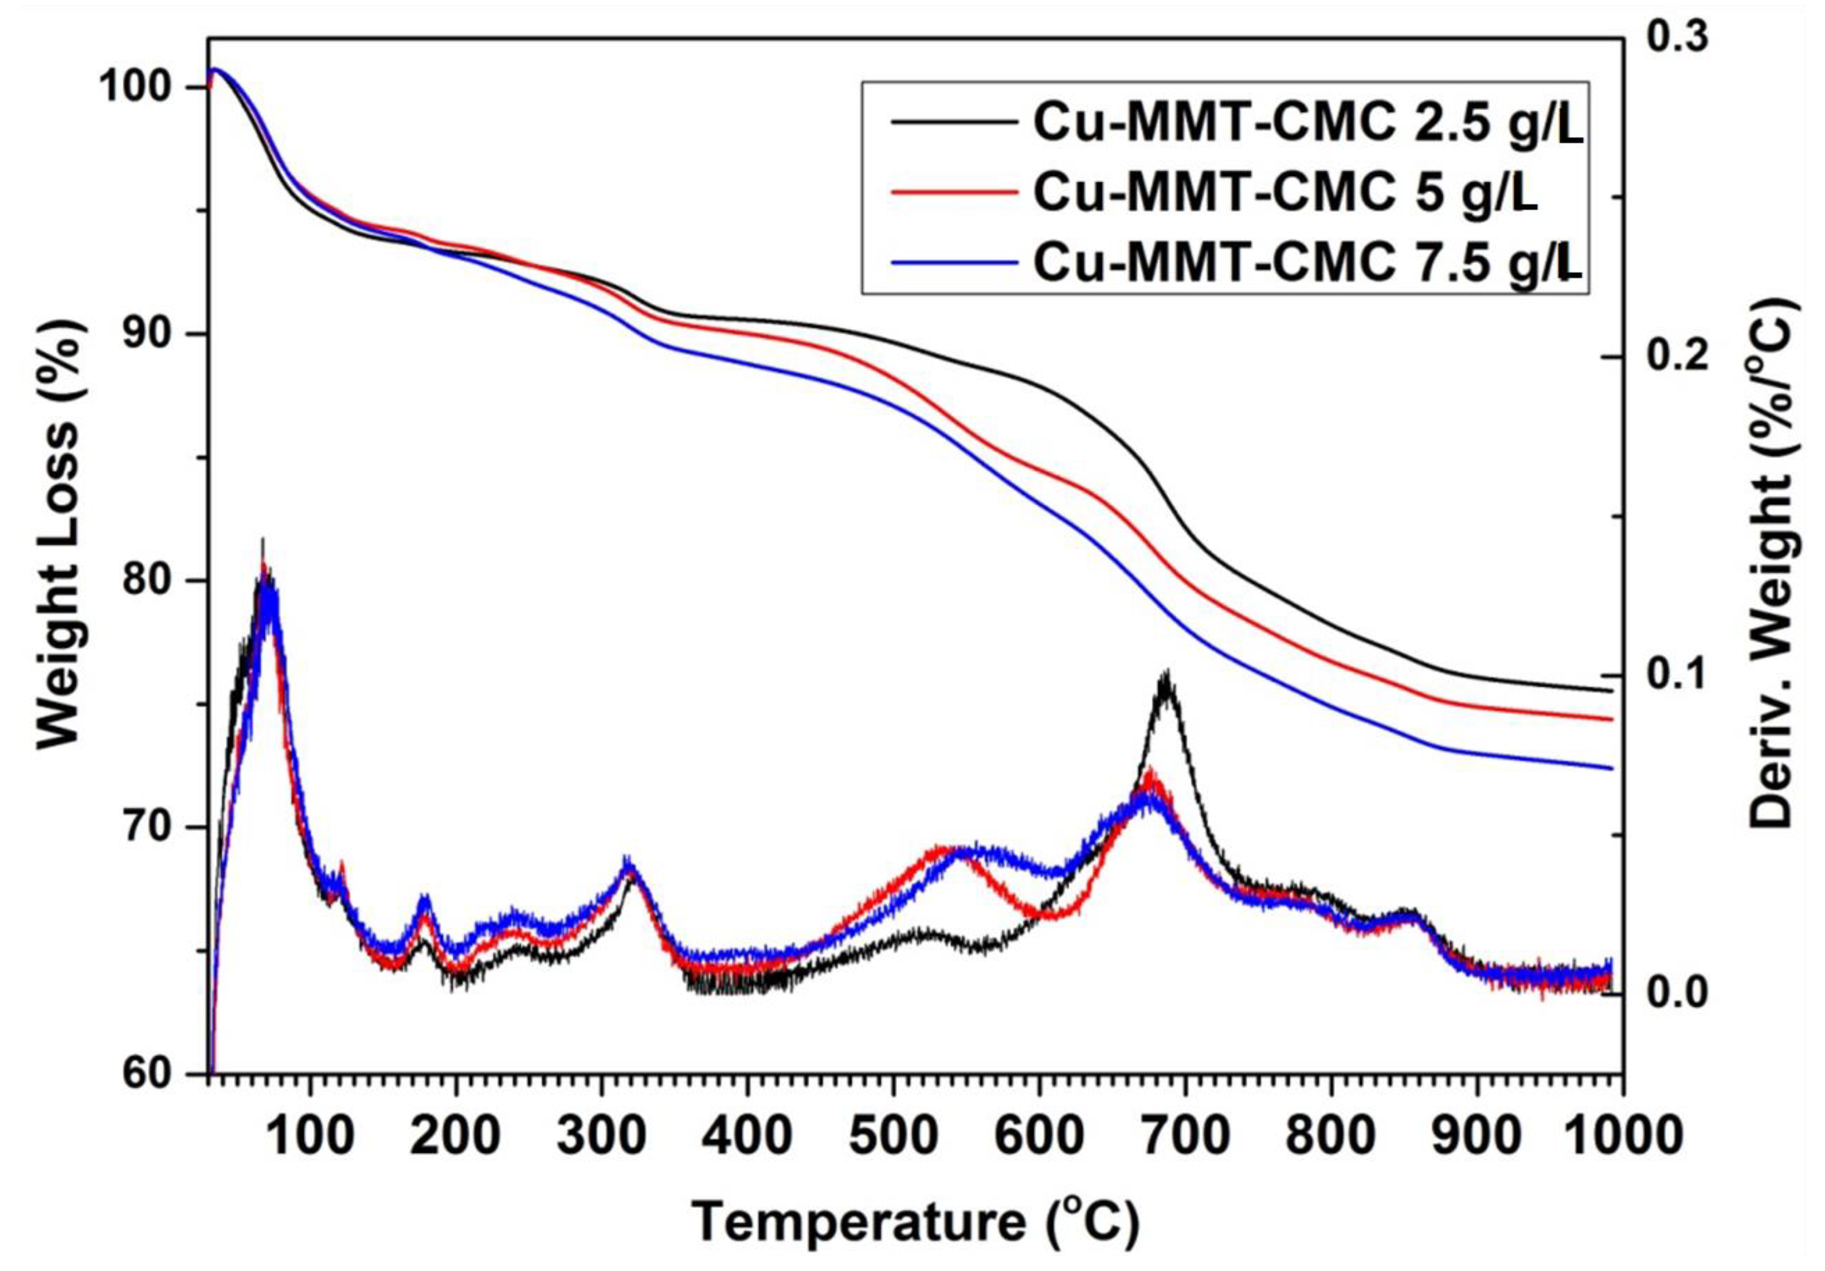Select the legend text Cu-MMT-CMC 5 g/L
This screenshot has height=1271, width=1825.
(1285, 193)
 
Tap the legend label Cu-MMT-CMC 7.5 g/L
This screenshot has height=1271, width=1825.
(1307, 263)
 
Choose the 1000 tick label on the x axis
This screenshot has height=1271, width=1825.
(1622, 1137)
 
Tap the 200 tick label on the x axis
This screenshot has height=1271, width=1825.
(456, 1137)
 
